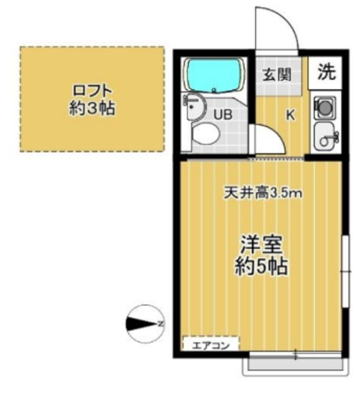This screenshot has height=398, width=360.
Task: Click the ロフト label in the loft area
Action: coord(91,88)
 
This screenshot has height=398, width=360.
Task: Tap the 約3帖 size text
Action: coord(91,108)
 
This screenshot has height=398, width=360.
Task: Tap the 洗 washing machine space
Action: coord(326,72)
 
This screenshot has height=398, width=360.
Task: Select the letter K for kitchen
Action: coord(290,114)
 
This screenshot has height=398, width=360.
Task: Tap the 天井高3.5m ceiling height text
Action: coord(262,193)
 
